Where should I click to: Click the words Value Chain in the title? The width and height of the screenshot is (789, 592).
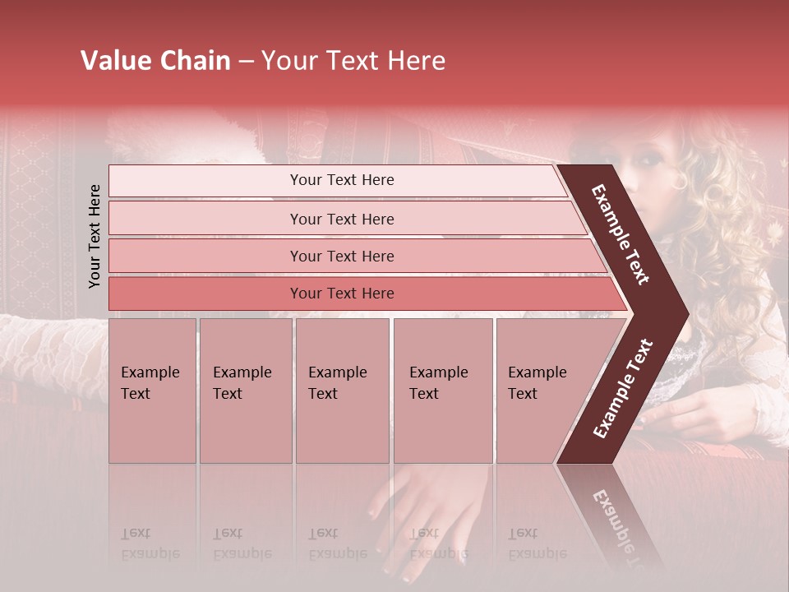[x=155, y=61]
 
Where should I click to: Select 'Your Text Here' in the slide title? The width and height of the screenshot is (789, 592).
[x=353, y=61]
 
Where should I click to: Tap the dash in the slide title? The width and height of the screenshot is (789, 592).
[x=246, y=62]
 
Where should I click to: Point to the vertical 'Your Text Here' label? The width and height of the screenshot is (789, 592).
[x=95, y=236]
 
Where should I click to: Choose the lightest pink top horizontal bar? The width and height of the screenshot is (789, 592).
[x=341, y=180]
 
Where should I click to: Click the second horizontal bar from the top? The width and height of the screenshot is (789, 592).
[x=341, y=219]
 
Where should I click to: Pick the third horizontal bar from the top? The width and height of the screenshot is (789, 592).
[x=341, y=256]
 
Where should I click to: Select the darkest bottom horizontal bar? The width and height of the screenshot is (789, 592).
[x=341, y=294]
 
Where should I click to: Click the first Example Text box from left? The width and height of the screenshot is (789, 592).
[x=152, y=390]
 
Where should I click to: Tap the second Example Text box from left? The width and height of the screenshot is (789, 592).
[x=245, y=390]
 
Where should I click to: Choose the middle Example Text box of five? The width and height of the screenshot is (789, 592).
[x=342, y=390]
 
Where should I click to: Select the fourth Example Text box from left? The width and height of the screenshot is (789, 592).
[x=442, y=390]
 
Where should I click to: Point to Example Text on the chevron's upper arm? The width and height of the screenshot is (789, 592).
[x=621, y=234]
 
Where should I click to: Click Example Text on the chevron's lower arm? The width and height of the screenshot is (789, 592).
[x=623, y=389]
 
